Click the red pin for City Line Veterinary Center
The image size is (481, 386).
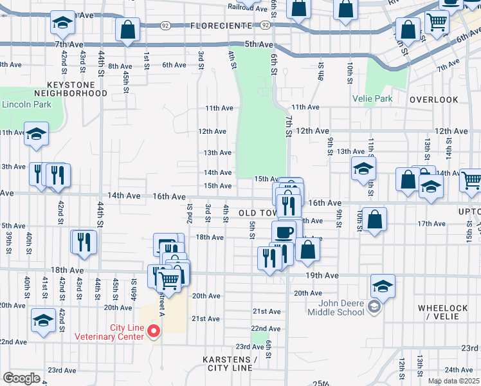click(x=153, y=331)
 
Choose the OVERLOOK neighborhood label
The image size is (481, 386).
click(x=434, y=100)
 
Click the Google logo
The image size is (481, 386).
click(x=21, y=378)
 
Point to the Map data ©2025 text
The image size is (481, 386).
click(x=453, y=381)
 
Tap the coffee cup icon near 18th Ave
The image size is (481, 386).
click(x=284, y=232)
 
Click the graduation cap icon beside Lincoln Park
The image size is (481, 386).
click(x=36, y=134)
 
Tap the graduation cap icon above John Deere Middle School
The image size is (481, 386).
click(x=383, y=286)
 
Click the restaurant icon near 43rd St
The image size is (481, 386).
click(x=84, y=242)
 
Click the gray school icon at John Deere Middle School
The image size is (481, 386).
click(x=374, y=308)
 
